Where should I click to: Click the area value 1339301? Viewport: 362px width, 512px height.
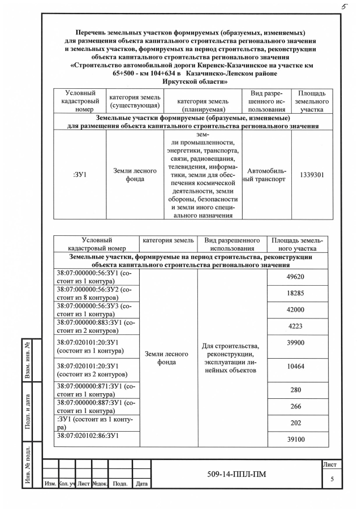point(312,175)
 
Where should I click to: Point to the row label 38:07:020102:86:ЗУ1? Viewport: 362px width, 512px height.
point(87,436)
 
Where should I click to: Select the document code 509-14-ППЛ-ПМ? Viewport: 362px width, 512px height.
point(236,474)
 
